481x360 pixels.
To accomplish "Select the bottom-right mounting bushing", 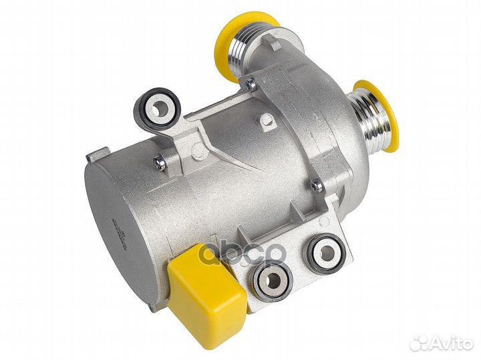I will coord(327,253).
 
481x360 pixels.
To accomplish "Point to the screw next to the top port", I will coord(249,84).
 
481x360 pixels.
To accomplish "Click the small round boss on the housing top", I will coord(266,120).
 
